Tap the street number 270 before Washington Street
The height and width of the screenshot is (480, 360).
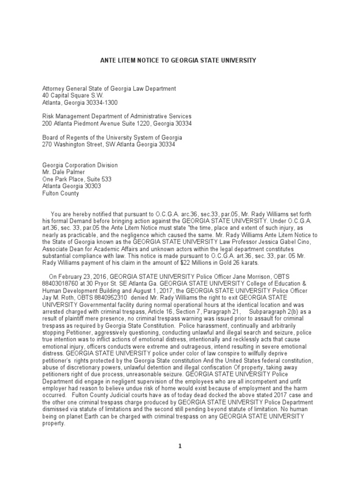(x=48, y=145)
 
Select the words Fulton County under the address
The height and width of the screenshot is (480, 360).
(x=61, y=194)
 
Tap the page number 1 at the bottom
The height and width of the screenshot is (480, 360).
(x=180, y=446)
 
